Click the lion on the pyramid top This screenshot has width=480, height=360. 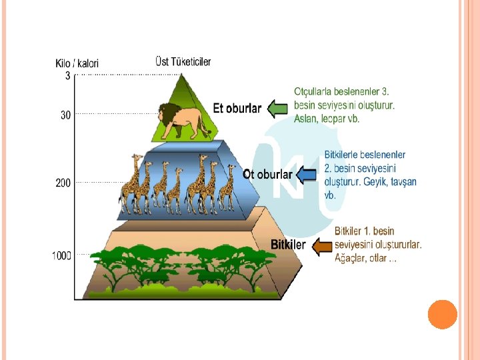(183, 121)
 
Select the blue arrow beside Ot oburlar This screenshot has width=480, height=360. (306, 175)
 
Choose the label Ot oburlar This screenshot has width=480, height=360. (267, 175)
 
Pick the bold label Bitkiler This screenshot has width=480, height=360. (288, 245)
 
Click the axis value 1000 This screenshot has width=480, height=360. (62, 256)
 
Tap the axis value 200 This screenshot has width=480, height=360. (63, 182)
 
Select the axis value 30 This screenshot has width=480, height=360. (65, 115)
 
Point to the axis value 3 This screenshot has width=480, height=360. (67, 76)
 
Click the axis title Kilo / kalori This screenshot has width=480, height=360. (77, 63)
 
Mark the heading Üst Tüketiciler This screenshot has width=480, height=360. (183, 61)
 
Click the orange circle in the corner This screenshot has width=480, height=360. (442, 313)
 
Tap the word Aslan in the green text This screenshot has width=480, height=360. (306, 119)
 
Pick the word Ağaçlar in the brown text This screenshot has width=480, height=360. (350, 258)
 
